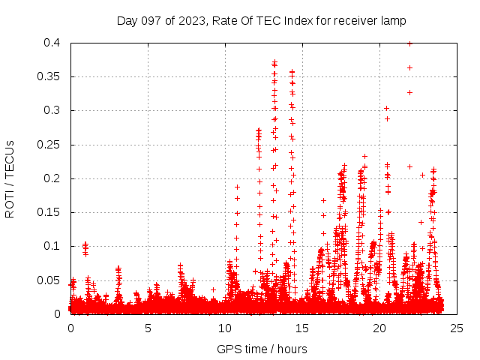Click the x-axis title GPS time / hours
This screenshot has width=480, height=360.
click(262, 349)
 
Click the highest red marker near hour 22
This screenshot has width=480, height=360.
click(409, 43)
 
